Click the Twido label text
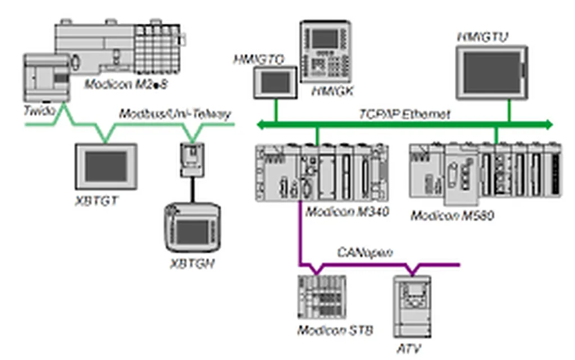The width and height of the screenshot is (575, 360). coord(40,111)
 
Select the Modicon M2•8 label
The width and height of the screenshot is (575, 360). coord(126,84)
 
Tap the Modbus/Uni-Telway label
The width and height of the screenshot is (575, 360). coord(175,115)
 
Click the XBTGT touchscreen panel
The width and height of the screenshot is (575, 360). coord(106,166)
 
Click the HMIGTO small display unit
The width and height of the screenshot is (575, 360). coord(275,82)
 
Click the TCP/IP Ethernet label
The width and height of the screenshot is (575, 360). coord(404,115)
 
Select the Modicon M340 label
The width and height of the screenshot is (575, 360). coord(348,211)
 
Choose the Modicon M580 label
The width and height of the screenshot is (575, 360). coord(452,215)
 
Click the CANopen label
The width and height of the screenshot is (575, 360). coord(365,252)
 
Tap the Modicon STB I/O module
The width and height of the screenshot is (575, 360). coord(321,297)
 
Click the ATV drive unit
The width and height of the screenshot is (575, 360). coord(412,306)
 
